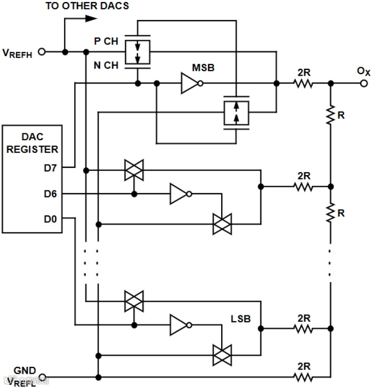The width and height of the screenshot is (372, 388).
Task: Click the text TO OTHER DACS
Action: coord(87,6)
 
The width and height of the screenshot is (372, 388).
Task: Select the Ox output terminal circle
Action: coord(364,83)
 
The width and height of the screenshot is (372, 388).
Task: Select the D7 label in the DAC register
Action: coord(51,168)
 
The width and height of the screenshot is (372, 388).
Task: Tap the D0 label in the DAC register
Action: coord(51,218)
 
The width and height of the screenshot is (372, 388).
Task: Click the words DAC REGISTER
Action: coord(32,142)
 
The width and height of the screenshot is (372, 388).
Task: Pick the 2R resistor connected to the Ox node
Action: coord(304,83)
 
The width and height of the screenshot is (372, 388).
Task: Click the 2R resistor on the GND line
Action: coord(304,377)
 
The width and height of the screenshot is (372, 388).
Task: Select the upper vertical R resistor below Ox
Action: coord(330,115)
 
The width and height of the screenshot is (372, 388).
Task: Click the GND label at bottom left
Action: coord(24,369)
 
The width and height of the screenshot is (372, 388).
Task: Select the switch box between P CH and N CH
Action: coord(137,52)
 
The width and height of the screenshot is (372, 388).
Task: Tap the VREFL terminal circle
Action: coord(43,377)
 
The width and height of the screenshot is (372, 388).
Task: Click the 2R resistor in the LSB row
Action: coord(304,328)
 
